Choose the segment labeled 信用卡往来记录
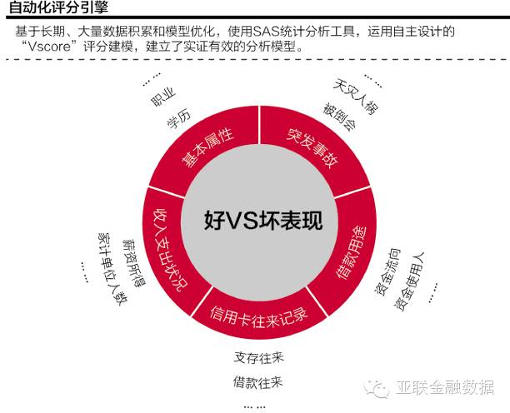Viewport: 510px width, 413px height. (x=258, y=316)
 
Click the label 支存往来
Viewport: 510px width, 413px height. (x=258, y=359)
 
